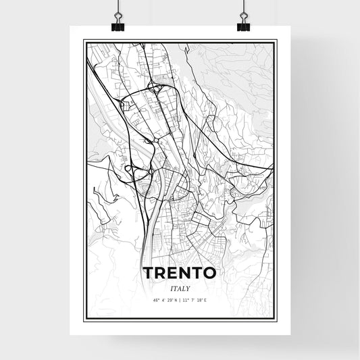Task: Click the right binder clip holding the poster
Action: click(x=243, y=23)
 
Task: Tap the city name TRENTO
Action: click(x=180, y=274)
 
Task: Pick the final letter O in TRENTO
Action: click(x=210, y=274)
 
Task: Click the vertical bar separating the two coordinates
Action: click(x=180, y=300)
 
